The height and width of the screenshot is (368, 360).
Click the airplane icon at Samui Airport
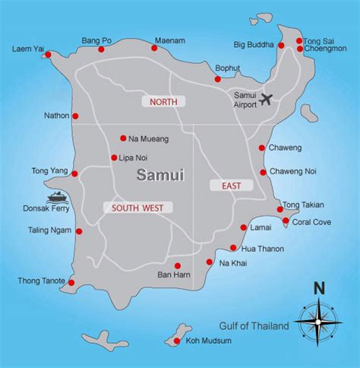[x=266, y=100]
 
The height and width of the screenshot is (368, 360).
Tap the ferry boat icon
[x=58, y=198]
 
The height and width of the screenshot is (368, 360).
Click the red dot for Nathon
[x=75, y=116]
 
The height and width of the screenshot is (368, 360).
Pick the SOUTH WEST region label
[x=137, y=207]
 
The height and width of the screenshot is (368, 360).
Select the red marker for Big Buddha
[x=281, y=45]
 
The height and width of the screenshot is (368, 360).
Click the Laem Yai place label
[x=27, y=49]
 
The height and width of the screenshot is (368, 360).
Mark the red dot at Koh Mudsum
[x=176, y=341]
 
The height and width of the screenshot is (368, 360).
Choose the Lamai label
[x=261, y=227]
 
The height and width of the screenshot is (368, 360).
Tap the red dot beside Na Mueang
[x=123, y=138]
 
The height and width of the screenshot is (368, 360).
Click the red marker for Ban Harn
[x=177, y=266]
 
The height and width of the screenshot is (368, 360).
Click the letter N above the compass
[x=319, y=287]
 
